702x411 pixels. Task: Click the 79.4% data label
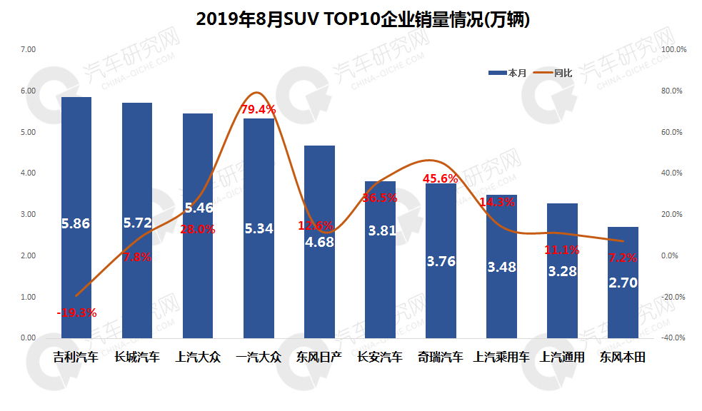(x=259, y=109)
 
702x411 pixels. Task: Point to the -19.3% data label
(x=77, y=313)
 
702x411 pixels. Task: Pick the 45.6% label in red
(x=441, y=178)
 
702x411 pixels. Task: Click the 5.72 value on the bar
(x=137, y=223)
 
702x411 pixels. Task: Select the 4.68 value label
(x=319, y=242)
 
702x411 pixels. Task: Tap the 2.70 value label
(x=623, y=283)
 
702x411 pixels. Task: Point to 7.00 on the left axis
(x=28, y=49)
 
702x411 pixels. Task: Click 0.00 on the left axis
(x=28, y=338)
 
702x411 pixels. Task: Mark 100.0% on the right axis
(x=674, y=49)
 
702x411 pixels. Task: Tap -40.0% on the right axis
(x=674, y=338)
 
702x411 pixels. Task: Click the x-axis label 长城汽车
(x=137, y=357)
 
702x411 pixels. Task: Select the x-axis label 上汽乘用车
(x=501, y=357)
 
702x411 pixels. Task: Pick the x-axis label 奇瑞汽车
(x=441, y=357)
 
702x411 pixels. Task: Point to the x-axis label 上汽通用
(x=562, y=357)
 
